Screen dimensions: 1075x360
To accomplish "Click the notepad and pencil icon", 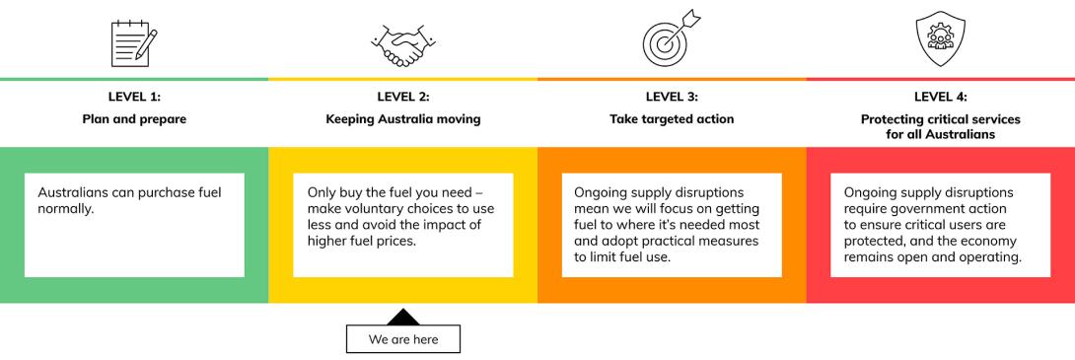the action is click(134, 41).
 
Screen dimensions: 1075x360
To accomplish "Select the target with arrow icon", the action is click(671, 41).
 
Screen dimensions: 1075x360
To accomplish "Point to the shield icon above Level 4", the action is click(940, 41).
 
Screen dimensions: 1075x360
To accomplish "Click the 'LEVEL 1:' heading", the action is click(134, 97).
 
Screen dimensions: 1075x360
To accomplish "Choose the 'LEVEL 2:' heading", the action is click(402, 97).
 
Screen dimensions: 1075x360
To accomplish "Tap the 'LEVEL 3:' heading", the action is click(671, 97).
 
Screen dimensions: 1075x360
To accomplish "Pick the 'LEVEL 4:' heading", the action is click(940, 97).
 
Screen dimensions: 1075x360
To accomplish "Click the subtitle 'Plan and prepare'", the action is click(134, 119).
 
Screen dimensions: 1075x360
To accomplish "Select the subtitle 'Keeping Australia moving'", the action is click(402, 119).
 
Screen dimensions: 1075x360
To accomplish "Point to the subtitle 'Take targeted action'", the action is click(671, 119).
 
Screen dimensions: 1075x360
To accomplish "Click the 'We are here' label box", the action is click(402, 338).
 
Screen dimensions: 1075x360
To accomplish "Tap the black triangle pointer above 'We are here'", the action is click(402, 317).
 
